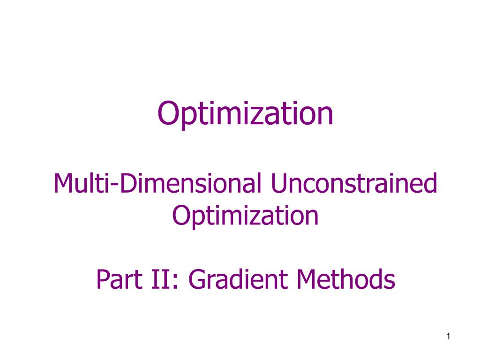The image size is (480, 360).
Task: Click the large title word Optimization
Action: pos(246,114)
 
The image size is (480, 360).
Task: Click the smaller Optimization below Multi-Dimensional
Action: pos(246,215)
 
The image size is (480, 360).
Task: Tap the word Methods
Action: pos(345,280)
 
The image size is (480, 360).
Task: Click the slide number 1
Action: pos(449,337)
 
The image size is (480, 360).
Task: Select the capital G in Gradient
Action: pos(197,280)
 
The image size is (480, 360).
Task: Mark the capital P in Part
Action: pos(102,280)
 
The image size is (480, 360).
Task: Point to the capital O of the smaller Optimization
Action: pos(180,215)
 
